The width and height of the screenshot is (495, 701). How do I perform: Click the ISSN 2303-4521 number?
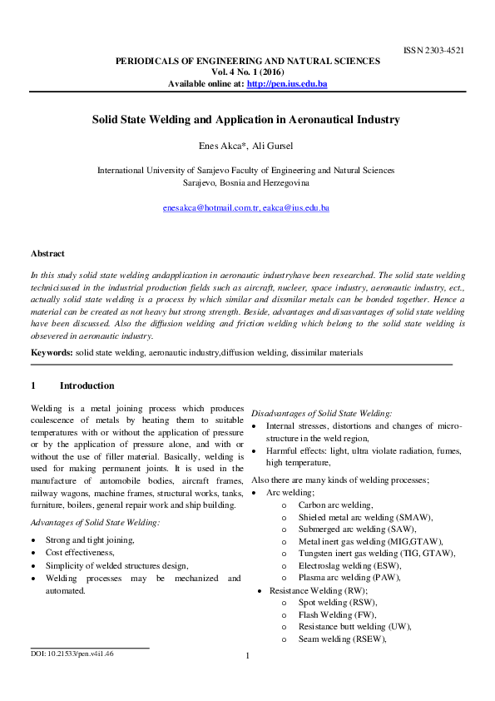tap(433, 51)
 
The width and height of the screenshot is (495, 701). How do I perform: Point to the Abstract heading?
tap(47, 253)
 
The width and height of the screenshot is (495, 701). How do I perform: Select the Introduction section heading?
tap(87, 386)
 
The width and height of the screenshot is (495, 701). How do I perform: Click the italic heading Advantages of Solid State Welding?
tap(95, 523)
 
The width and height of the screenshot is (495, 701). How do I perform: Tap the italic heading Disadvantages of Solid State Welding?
tap(322, 413)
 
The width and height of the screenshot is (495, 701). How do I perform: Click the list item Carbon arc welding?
tap(335, 505)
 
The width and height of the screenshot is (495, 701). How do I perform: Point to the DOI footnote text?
tap(72, 654)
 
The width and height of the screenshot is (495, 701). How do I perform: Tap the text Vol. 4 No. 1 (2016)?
tap(247, 72)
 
